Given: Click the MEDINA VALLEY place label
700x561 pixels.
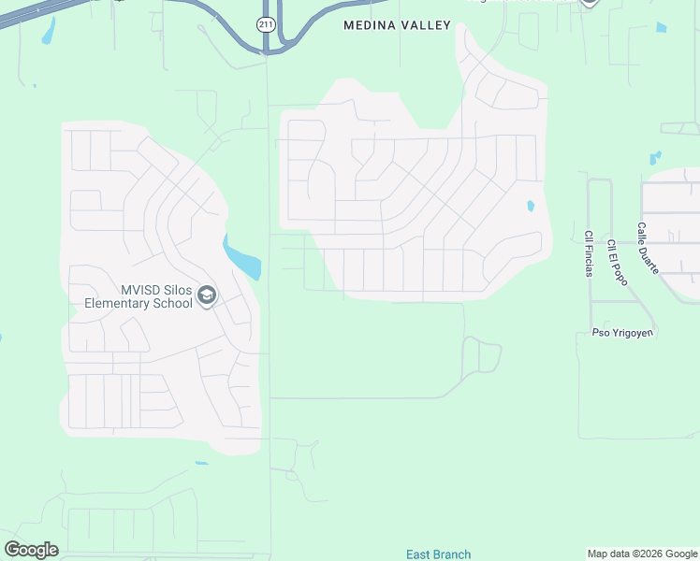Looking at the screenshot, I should click(x=397, y=25).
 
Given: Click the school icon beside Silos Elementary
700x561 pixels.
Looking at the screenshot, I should click(x=206, y=296).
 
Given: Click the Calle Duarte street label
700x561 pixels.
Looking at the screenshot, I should click(x=648, y=247).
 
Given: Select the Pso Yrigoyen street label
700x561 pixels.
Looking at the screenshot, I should click(x=623, y=333).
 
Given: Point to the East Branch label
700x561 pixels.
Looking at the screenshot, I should click(x=438, y=554).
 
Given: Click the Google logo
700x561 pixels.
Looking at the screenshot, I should click(x=31, y=550).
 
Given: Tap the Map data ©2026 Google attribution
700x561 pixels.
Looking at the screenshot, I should click(x=642, y=554).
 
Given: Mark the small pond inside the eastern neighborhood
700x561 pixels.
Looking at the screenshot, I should click(x=531, y=206).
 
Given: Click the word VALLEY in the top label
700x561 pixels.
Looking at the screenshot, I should click(x=427, y=25).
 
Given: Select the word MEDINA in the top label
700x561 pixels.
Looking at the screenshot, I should click(x=367, y=25).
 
